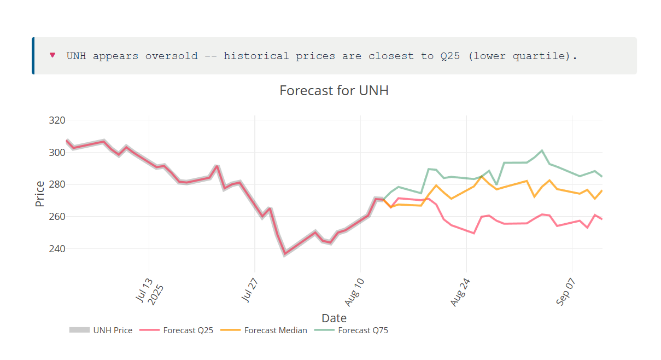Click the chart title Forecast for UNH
pyautogui.click(x=334, y=91)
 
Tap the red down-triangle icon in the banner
pyautogui.click(x=52, y=55)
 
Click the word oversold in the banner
pyautogui.click(x=171, y=56)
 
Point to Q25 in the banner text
pyautogui.click(x=450, y=56)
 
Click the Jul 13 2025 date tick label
pyautogui.click(x=146, y=288)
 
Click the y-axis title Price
pyautogui.click(x=40, y=194)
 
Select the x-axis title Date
pyautogui.click(x=334, y=318)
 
